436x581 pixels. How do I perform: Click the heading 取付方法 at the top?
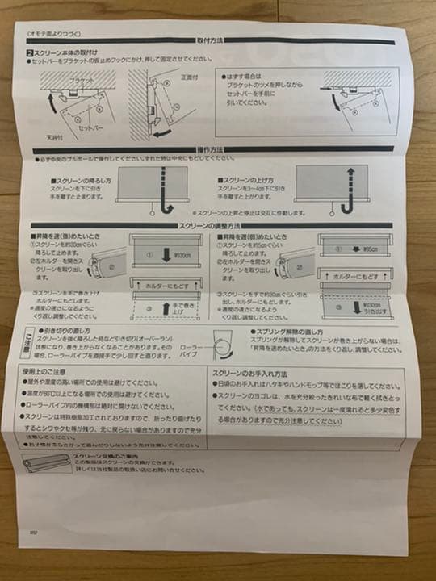tap(212, 40)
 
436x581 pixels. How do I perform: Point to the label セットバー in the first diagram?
tap(90, 128)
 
